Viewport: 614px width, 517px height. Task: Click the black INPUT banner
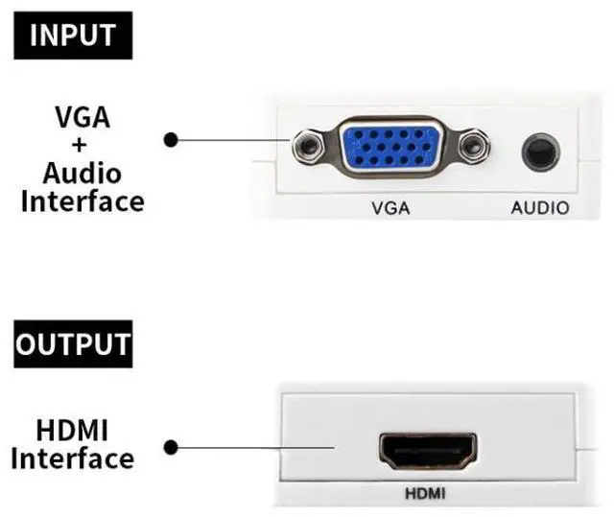[73, 35]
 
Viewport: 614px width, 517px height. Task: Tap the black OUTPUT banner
[72, 342]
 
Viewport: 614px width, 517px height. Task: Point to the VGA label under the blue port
[390, 207]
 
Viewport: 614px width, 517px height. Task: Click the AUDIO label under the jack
[539, 207]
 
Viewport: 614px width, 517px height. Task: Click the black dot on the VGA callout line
[171, 140]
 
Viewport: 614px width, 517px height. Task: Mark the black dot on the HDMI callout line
[171, 447]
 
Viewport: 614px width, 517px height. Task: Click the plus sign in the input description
[81, 146]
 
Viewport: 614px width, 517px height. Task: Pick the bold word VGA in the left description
[82, 119]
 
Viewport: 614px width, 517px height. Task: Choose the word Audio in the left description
[82, 174]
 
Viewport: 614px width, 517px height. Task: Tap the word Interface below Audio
[83, 201]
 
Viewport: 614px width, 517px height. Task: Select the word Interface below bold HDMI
[73, 458]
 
